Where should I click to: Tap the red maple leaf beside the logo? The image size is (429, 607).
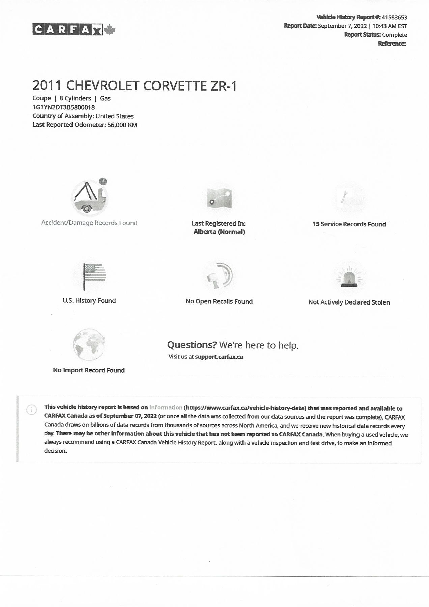point(109,30)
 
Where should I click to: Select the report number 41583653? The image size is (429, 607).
point(394,17)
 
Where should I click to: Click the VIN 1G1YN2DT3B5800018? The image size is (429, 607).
point(63,107)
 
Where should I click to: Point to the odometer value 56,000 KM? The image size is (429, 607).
point(122,125)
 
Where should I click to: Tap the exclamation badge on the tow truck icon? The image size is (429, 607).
point(103,181)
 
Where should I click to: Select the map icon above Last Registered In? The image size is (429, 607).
point(219,198)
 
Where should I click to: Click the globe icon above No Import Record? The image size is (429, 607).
point(89,345)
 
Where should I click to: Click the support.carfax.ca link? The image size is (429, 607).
point(219,357)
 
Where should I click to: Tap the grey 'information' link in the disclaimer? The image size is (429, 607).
point(166,407)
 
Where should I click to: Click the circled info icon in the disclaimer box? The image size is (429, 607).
point(31,410)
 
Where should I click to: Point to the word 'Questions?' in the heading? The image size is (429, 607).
point(192,345)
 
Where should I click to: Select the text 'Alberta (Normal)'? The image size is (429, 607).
point(219,232)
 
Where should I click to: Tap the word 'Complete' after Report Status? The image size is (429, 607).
point(395,35)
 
